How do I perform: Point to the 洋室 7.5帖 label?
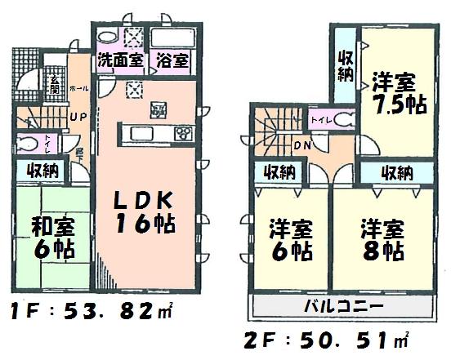pyautogui.click(x=395, y=95)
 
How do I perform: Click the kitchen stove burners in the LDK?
pyautogui.click(x=183, y=133)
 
